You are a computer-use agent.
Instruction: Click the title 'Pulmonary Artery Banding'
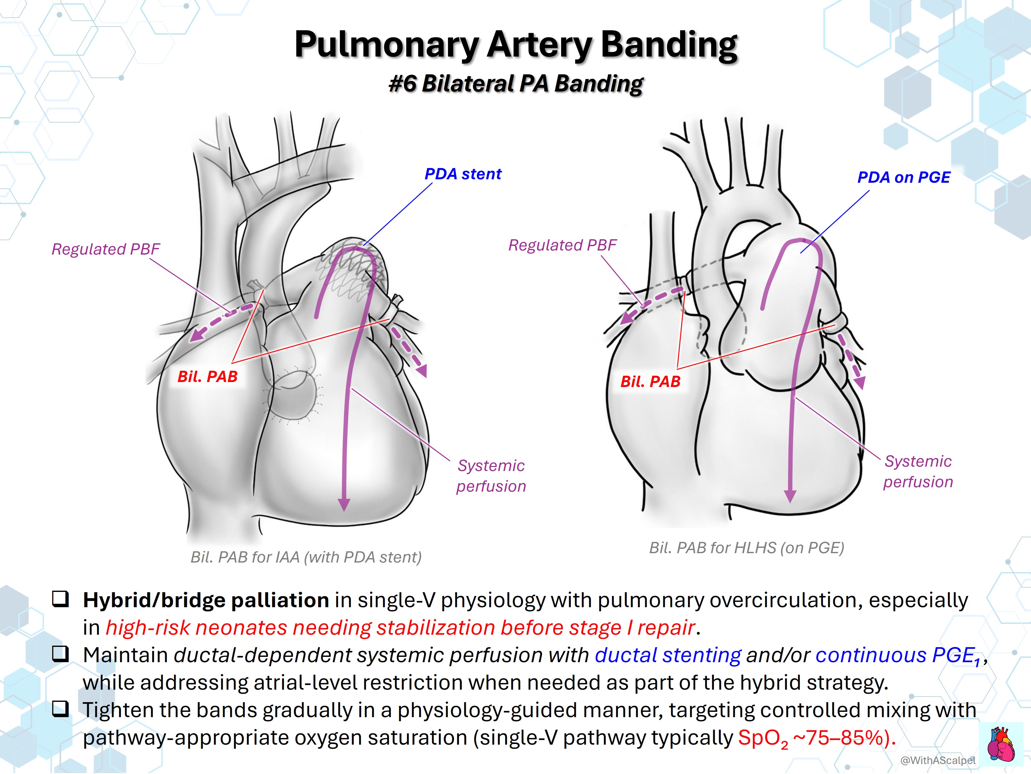click(x=515, y=45)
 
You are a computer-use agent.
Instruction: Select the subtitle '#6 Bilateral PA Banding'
click(x=515, y=84)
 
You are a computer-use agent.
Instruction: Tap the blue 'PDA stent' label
click(x=463, y=174)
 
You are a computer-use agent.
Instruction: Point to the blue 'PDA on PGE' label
click(x=904, y=177)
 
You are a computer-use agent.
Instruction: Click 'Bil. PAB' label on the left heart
click(x=207, y=376)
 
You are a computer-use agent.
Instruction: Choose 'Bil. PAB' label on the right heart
click(x=650, y=382)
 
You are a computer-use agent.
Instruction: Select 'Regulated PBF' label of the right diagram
click(x=562, y=245)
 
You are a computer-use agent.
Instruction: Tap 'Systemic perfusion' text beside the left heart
click(x=491, y=476)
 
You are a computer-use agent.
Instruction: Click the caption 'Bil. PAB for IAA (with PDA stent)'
click(x=306, y=557)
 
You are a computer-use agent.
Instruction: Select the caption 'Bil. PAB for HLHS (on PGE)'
click(x=747, y=548)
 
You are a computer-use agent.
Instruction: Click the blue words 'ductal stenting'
click(x=667, y=655)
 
